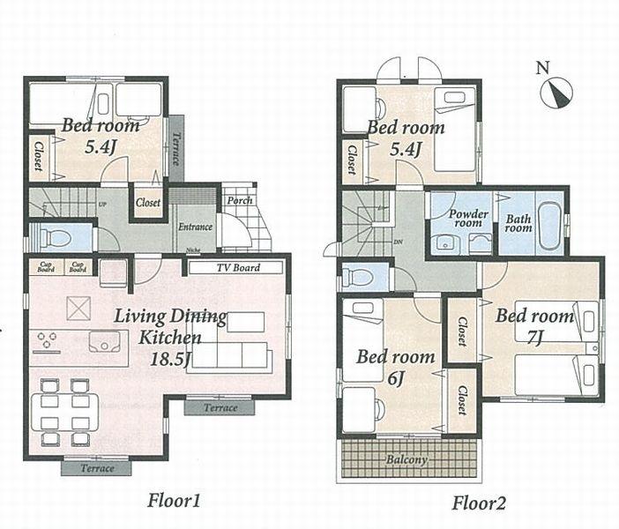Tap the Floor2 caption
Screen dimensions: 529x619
[x=479, y=503]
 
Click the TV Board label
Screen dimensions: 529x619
[x=237, y=267]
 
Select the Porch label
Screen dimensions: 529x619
[x=239, y=200]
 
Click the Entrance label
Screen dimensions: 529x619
[x=195, y=227]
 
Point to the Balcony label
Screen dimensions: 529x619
[x=406, y=459]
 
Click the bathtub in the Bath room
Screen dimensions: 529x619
[x=548, y=227]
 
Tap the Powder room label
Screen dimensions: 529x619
[x=467, y=218]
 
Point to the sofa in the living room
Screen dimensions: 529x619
[x=230, y=354]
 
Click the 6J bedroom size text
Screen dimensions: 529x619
[x=395, y=379]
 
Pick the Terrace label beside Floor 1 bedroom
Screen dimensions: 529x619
[x=175, y=148]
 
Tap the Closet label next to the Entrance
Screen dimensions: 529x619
[x=148, y=202]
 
